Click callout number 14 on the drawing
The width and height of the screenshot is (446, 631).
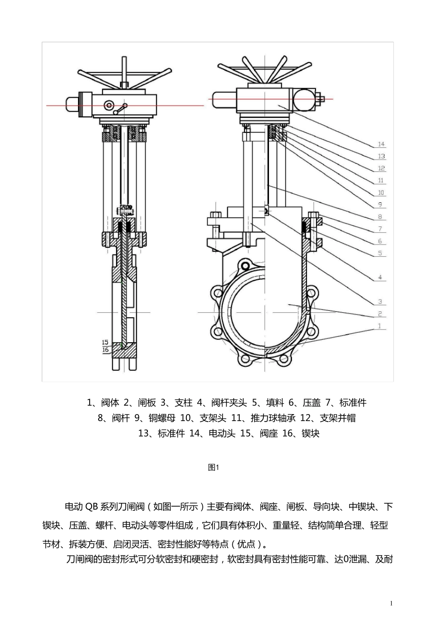381,144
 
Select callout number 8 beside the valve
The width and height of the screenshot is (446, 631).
380,217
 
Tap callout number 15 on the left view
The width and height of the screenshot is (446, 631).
105,342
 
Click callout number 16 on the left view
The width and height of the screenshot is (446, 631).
105,350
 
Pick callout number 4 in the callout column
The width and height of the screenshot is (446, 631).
380,277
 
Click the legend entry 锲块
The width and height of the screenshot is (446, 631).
310,433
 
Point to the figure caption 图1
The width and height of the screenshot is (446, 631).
214,467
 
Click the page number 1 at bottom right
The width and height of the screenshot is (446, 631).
391,603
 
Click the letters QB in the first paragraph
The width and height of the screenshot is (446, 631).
90,507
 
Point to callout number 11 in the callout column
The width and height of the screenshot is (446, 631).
381,180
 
